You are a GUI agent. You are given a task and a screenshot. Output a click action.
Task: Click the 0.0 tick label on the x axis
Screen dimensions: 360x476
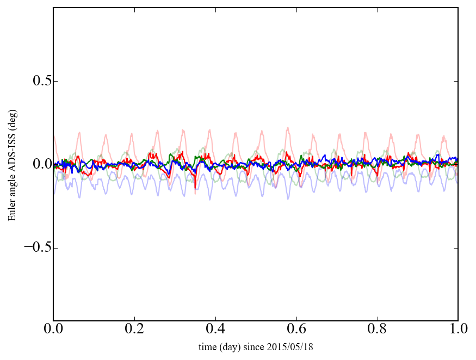pos(53,330)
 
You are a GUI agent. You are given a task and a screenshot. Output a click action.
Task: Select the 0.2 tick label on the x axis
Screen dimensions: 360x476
pos(134,330)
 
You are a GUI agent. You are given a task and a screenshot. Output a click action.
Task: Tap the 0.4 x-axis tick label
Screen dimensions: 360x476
pos(215,330)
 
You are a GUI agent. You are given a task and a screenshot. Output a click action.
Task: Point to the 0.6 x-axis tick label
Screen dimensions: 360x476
pos(296,330)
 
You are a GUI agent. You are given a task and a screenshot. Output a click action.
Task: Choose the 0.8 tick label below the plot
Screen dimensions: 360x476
pos(377,330)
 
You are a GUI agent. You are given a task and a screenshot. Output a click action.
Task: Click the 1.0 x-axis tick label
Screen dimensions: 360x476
pos(458,330)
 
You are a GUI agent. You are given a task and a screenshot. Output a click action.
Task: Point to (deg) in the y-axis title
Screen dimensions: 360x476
pos(12,123)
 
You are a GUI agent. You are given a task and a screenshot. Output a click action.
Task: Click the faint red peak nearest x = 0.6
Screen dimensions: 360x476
pos(288,128)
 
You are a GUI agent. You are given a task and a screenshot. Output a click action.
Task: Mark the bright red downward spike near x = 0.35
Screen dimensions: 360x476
pos(195,188)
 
